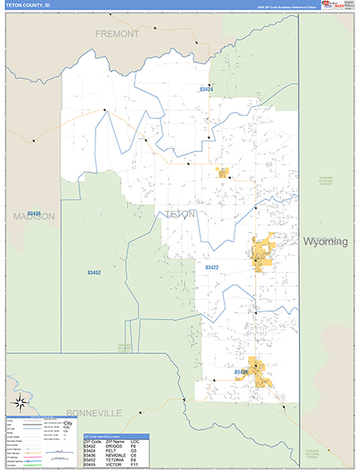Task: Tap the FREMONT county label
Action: (x=117, y=34)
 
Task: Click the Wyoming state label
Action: (x=325, y=242)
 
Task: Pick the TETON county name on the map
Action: (x=181, y=213)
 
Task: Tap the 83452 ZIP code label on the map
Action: (x=94, y=273)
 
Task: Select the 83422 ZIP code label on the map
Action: (x=213, y=268)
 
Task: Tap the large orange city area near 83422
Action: (x=261, y=252)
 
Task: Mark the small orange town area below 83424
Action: (x=224, y=172)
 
